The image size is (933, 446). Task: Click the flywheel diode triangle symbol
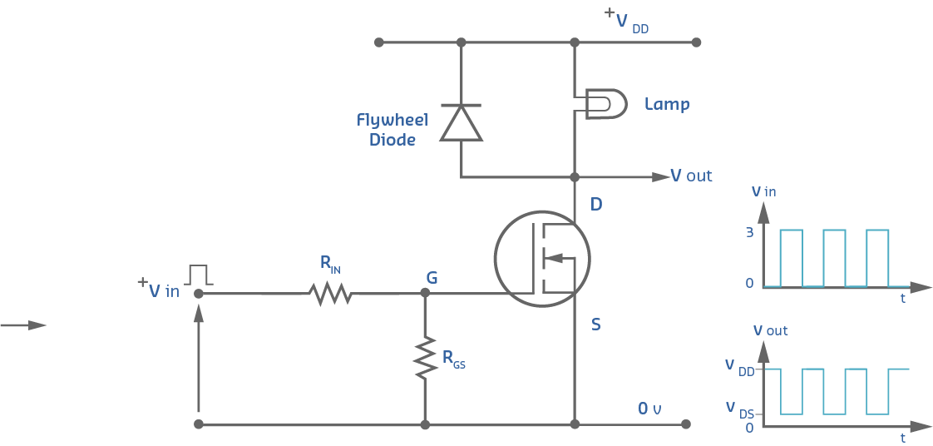click(x=461, y=122)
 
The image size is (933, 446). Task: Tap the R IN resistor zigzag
click(x=329, y=293)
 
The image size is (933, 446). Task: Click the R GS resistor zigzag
click(x=425, y=358)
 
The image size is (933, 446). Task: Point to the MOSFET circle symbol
click(x=541, y=258)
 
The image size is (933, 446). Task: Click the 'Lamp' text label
click(x=667, y=104)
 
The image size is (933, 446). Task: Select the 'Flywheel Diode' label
click(x=392, y=130)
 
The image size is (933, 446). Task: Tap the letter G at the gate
click(x=432, y=277)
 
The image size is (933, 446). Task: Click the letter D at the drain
click(x=595, y=205)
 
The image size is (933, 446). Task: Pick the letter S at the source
click(x=595, y=325)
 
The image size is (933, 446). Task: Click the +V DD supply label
click(x=626, y=21)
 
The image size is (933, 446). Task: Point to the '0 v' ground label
click(x=649, y=409)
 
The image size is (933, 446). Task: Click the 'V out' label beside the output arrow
click(x=691, y=176)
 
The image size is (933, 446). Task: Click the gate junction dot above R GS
click(x=425, y=293)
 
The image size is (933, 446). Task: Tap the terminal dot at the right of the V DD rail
click(x=696, y=42)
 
